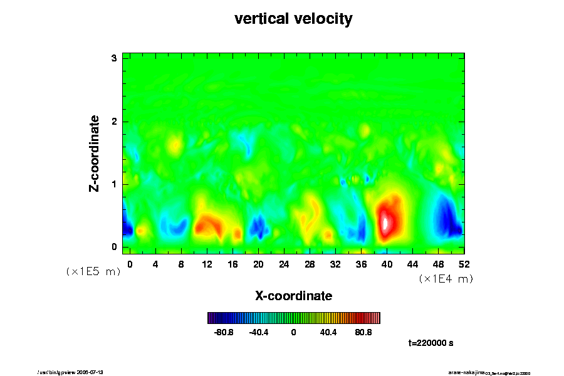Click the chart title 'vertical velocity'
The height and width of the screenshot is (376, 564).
click(293, 19)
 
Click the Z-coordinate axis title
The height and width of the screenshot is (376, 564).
click(95, 153)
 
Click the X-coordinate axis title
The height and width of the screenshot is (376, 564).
click(293, 296)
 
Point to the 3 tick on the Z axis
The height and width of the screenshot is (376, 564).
click(115, 58)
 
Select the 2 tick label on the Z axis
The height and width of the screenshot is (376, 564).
click(115, 122)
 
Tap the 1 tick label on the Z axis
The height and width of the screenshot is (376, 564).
click(115, 184)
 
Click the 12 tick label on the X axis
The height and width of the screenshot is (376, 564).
click(207, 264)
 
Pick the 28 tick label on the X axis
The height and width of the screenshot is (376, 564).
click(310, 264)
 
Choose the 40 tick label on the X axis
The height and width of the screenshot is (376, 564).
click(387, 264)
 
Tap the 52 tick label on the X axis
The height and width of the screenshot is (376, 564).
click(464, 264)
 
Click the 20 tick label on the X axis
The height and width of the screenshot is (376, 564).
click(258, 264)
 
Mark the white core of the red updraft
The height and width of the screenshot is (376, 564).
click(386, 222)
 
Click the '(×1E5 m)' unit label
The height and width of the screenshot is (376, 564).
click(93, 272)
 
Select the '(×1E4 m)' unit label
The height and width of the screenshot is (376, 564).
click(446, 279)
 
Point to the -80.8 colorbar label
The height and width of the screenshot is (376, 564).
click(224, 332)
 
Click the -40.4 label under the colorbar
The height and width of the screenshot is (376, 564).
click(259, 332)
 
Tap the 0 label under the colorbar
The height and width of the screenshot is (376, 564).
click(293, 332)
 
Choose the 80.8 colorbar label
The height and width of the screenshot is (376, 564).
click(363, 332)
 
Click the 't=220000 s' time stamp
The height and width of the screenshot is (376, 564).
click(431, 343)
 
